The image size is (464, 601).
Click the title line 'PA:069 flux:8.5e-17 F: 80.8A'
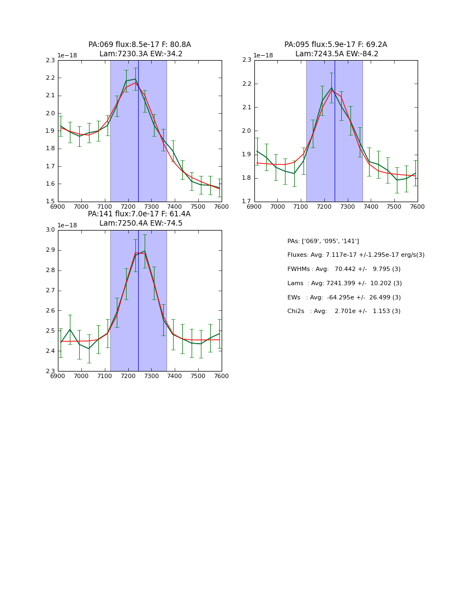coord(139,45)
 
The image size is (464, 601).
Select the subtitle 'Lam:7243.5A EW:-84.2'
coord(336,54)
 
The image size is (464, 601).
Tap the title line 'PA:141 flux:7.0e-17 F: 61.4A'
coord(139,214)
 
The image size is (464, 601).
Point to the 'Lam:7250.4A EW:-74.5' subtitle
coord(140,223)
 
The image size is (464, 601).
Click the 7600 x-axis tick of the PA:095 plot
coord(417,207)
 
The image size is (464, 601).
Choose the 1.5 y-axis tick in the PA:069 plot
coord(50,202)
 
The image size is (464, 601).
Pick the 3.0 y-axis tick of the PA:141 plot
coord(50,230)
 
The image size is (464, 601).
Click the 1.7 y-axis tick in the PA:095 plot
coord(246,202)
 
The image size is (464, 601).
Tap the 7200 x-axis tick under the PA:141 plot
coord(128,376)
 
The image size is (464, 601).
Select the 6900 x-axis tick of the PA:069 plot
coord(58,207)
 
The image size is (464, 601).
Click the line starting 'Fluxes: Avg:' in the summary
coord(355,255)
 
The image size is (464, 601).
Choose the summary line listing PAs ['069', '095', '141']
coord(323,241)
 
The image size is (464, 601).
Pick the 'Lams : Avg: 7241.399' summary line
coord(344,284)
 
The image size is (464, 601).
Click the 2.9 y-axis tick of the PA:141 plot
coord(50,250)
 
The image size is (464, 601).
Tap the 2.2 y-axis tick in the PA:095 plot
coord(246,84)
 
